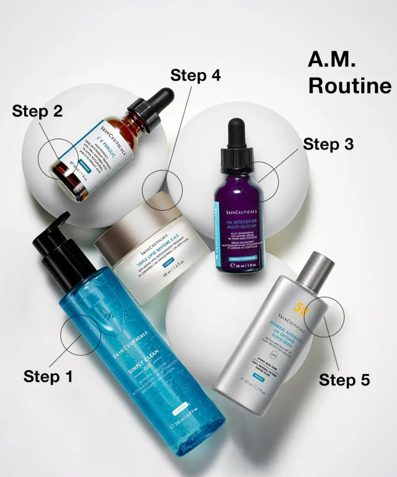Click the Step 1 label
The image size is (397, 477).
48,376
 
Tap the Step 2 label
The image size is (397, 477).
37,111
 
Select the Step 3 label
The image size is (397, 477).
328,144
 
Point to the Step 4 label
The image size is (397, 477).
195,76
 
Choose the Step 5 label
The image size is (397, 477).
344,380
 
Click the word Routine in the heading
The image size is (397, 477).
349,86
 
